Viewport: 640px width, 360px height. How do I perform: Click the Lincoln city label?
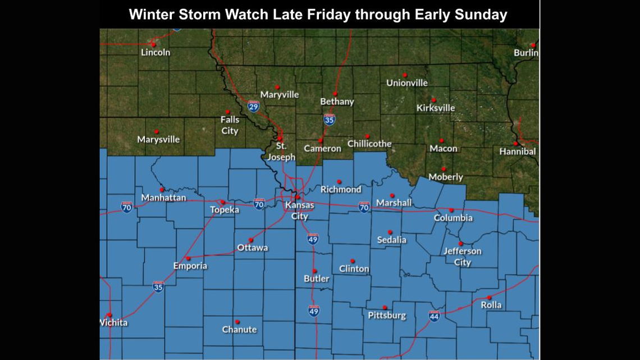(x=156, y=52)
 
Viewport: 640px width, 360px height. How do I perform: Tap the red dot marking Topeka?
(x=223, y=202)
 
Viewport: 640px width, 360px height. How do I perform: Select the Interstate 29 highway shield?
(x=254, y=106)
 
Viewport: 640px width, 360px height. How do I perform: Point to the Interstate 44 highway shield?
(x=434, y=316)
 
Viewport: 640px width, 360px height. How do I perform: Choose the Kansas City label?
(x=300, y=211)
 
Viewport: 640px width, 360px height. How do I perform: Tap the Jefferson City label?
(x=462, y=257)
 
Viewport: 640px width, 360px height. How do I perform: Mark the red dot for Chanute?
(x=237, y=322)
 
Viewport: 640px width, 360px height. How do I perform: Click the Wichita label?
(x=114, y=322)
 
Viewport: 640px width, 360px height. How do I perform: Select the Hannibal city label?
(x=517, y=151)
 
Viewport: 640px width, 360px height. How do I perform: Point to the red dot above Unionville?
(x=404, y=75)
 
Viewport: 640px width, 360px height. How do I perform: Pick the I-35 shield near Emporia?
(x=158, y=286)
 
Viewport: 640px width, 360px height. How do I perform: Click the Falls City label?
(x=229, y=125)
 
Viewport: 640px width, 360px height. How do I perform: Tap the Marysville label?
(x=158, y=139)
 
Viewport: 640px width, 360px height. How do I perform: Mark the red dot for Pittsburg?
(x=385, y=307)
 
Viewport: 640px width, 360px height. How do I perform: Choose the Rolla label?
(x=491, y=305)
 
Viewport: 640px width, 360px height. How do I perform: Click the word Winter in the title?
(x=150, y=15)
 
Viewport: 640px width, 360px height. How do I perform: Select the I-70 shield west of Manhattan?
(x=127, y=207)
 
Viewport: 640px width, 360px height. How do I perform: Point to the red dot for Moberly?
(x=444, y=168)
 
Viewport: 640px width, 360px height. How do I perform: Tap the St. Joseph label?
(x=281, y=152)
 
